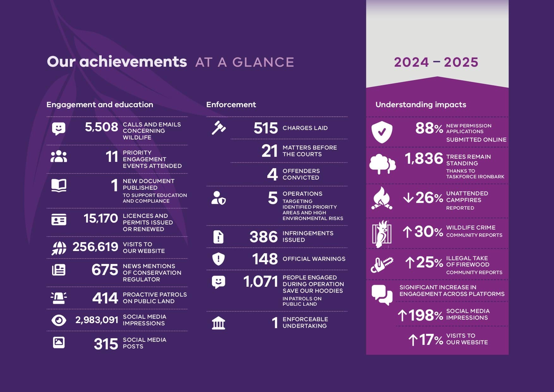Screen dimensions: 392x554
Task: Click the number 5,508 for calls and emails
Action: pos(101,127)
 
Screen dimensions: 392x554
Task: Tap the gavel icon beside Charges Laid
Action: pos(219,128)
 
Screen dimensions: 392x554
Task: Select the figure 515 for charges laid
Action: pos(266,128)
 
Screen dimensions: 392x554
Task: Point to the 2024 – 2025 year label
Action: pos(436,62)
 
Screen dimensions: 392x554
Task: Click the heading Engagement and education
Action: pos(100,105)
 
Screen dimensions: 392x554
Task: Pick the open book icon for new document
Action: pos(59,186)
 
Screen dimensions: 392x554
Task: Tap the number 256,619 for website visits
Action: pos(95,247)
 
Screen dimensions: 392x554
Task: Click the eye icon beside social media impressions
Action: pos(59,320)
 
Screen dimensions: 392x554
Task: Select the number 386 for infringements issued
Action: pos(264,237)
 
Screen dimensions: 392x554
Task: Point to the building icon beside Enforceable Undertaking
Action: pos(219,323)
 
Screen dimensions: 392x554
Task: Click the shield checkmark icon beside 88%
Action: pos(382,132)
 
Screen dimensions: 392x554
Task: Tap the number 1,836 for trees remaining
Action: pos(424,158)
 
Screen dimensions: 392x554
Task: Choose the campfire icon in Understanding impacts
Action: pos(382,199)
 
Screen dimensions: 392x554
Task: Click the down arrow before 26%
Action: pos(408,198)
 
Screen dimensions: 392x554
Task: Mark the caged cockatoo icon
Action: pos(382,234)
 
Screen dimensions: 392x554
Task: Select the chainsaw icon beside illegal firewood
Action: pos(382,265)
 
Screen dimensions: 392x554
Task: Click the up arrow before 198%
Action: pos(402,315)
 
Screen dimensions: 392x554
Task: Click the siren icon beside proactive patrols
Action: pos(59,298)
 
